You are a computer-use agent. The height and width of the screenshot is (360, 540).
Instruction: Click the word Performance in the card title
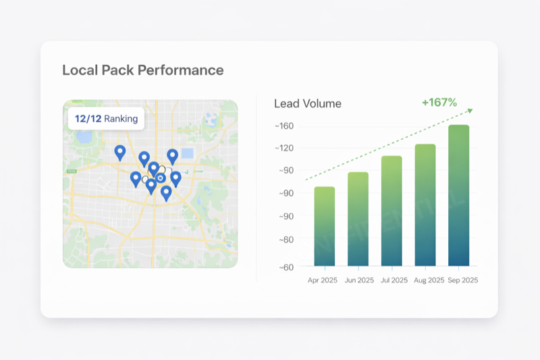coord(181,70)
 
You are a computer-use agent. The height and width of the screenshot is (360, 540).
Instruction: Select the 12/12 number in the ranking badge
coord(88,119)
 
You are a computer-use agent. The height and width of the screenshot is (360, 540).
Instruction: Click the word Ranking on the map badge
coord(121,119)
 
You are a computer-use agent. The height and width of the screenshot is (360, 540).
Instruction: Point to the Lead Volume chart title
coord(307,104)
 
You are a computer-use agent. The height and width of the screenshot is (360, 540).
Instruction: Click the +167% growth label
coord(439,103)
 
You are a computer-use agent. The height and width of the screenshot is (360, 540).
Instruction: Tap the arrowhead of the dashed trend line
coord(470,110)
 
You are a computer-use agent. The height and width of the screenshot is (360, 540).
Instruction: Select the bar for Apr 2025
coord(324,226)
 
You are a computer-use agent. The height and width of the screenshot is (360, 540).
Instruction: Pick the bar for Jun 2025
coord(358,219)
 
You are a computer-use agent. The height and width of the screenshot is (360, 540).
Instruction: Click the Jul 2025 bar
coord(391,211)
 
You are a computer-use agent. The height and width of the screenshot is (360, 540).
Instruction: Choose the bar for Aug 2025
coord(425,205)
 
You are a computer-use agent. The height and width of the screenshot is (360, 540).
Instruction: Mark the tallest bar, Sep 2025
coord(458,195)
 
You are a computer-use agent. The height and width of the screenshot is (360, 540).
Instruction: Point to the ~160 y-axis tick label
coord(284,126)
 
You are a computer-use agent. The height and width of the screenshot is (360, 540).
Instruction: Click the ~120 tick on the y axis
coord(284,148)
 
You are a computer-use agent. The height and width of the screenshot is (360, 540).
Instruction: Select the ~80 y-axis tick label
coord(284,239)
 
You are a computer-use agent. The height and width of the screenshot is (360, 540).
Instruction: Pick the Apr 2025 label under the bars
coord(322,280)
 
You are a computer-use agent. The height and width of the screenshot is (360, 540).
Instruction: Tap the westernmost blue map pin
coord(120,151)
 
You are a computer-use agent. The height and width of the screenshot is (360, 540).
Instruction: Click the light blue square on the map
coord(188,153)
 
